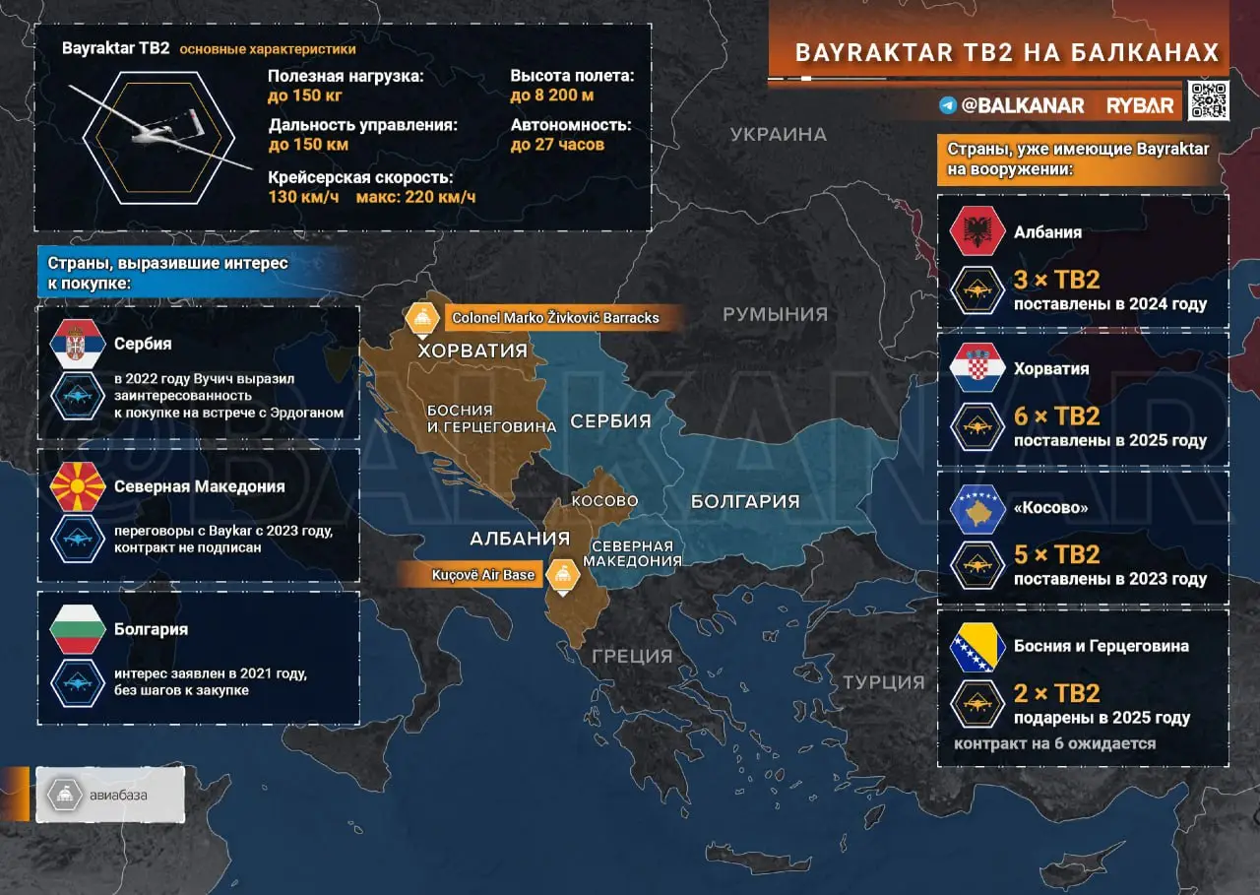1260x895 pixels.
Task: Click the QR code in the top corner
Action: tap(1208, 101)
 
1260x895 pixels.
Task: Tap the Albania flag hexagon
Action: tap(976, 232)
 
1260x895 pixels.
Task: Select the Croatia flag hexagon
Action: tap(976, 369)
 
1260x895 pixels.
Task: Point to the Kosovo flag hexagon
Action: tap(976, 508)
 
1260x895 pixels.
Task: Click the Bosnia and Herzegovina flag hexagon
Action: tap(976, 647)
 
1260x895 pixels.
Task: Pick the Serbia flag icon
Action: tap(77, 345)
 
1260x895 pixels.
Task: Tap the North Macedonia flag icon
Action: tap(77, 486)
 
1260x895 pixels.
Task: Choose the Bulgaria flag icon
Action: tap(77, 629)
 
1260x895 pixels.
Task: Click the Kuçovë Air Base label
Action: tap(482, 575)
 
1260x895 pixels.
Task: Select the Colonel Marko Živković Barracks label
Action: tap(554, 318)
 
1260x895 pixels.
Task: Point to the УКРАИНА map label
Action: tap(778, 135)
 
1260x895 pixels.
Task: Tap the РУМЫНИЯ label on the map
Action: tap(775, 315)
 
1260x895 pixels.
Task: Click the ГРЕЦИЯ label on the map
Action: tap(632, 656)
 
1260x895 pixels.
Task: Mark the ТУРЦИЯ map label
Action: tap(883, 682)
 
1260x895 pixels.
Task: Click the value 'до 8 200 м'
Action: tap(552, 96)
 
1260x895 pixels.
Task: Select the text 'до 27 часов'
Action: tap(557, 145)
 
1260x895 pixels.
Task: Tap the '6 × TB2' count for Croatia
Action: tap(1056, 416)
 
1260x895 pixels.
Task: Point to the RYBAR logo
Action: tap(1140, 105)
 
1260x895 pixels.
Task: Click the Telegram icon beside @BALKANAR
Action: tap(948, 105)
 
